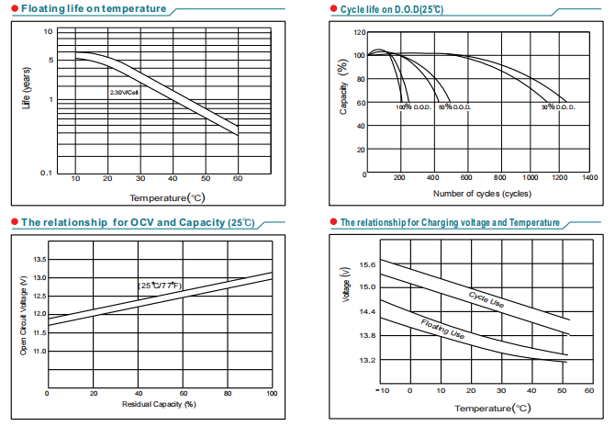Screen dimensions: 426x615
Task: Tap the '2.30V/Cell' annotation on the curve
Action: pos(123,93)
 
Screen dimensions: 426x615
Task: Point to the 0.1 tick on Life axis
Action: pos(48,173)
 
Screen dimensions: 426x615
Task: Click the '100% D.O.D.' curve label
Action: pos(413,107)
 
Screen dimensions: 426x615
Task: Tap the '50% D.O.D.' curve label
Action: pos(454,107)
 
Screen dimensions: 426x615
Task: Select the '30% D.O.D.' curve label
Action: pos(557,107)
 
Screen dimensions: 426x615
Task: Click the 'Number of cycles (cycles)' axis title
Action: pos(482,193)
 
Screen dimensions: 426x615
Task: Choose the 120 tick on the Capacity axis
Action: pos(358,32)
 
